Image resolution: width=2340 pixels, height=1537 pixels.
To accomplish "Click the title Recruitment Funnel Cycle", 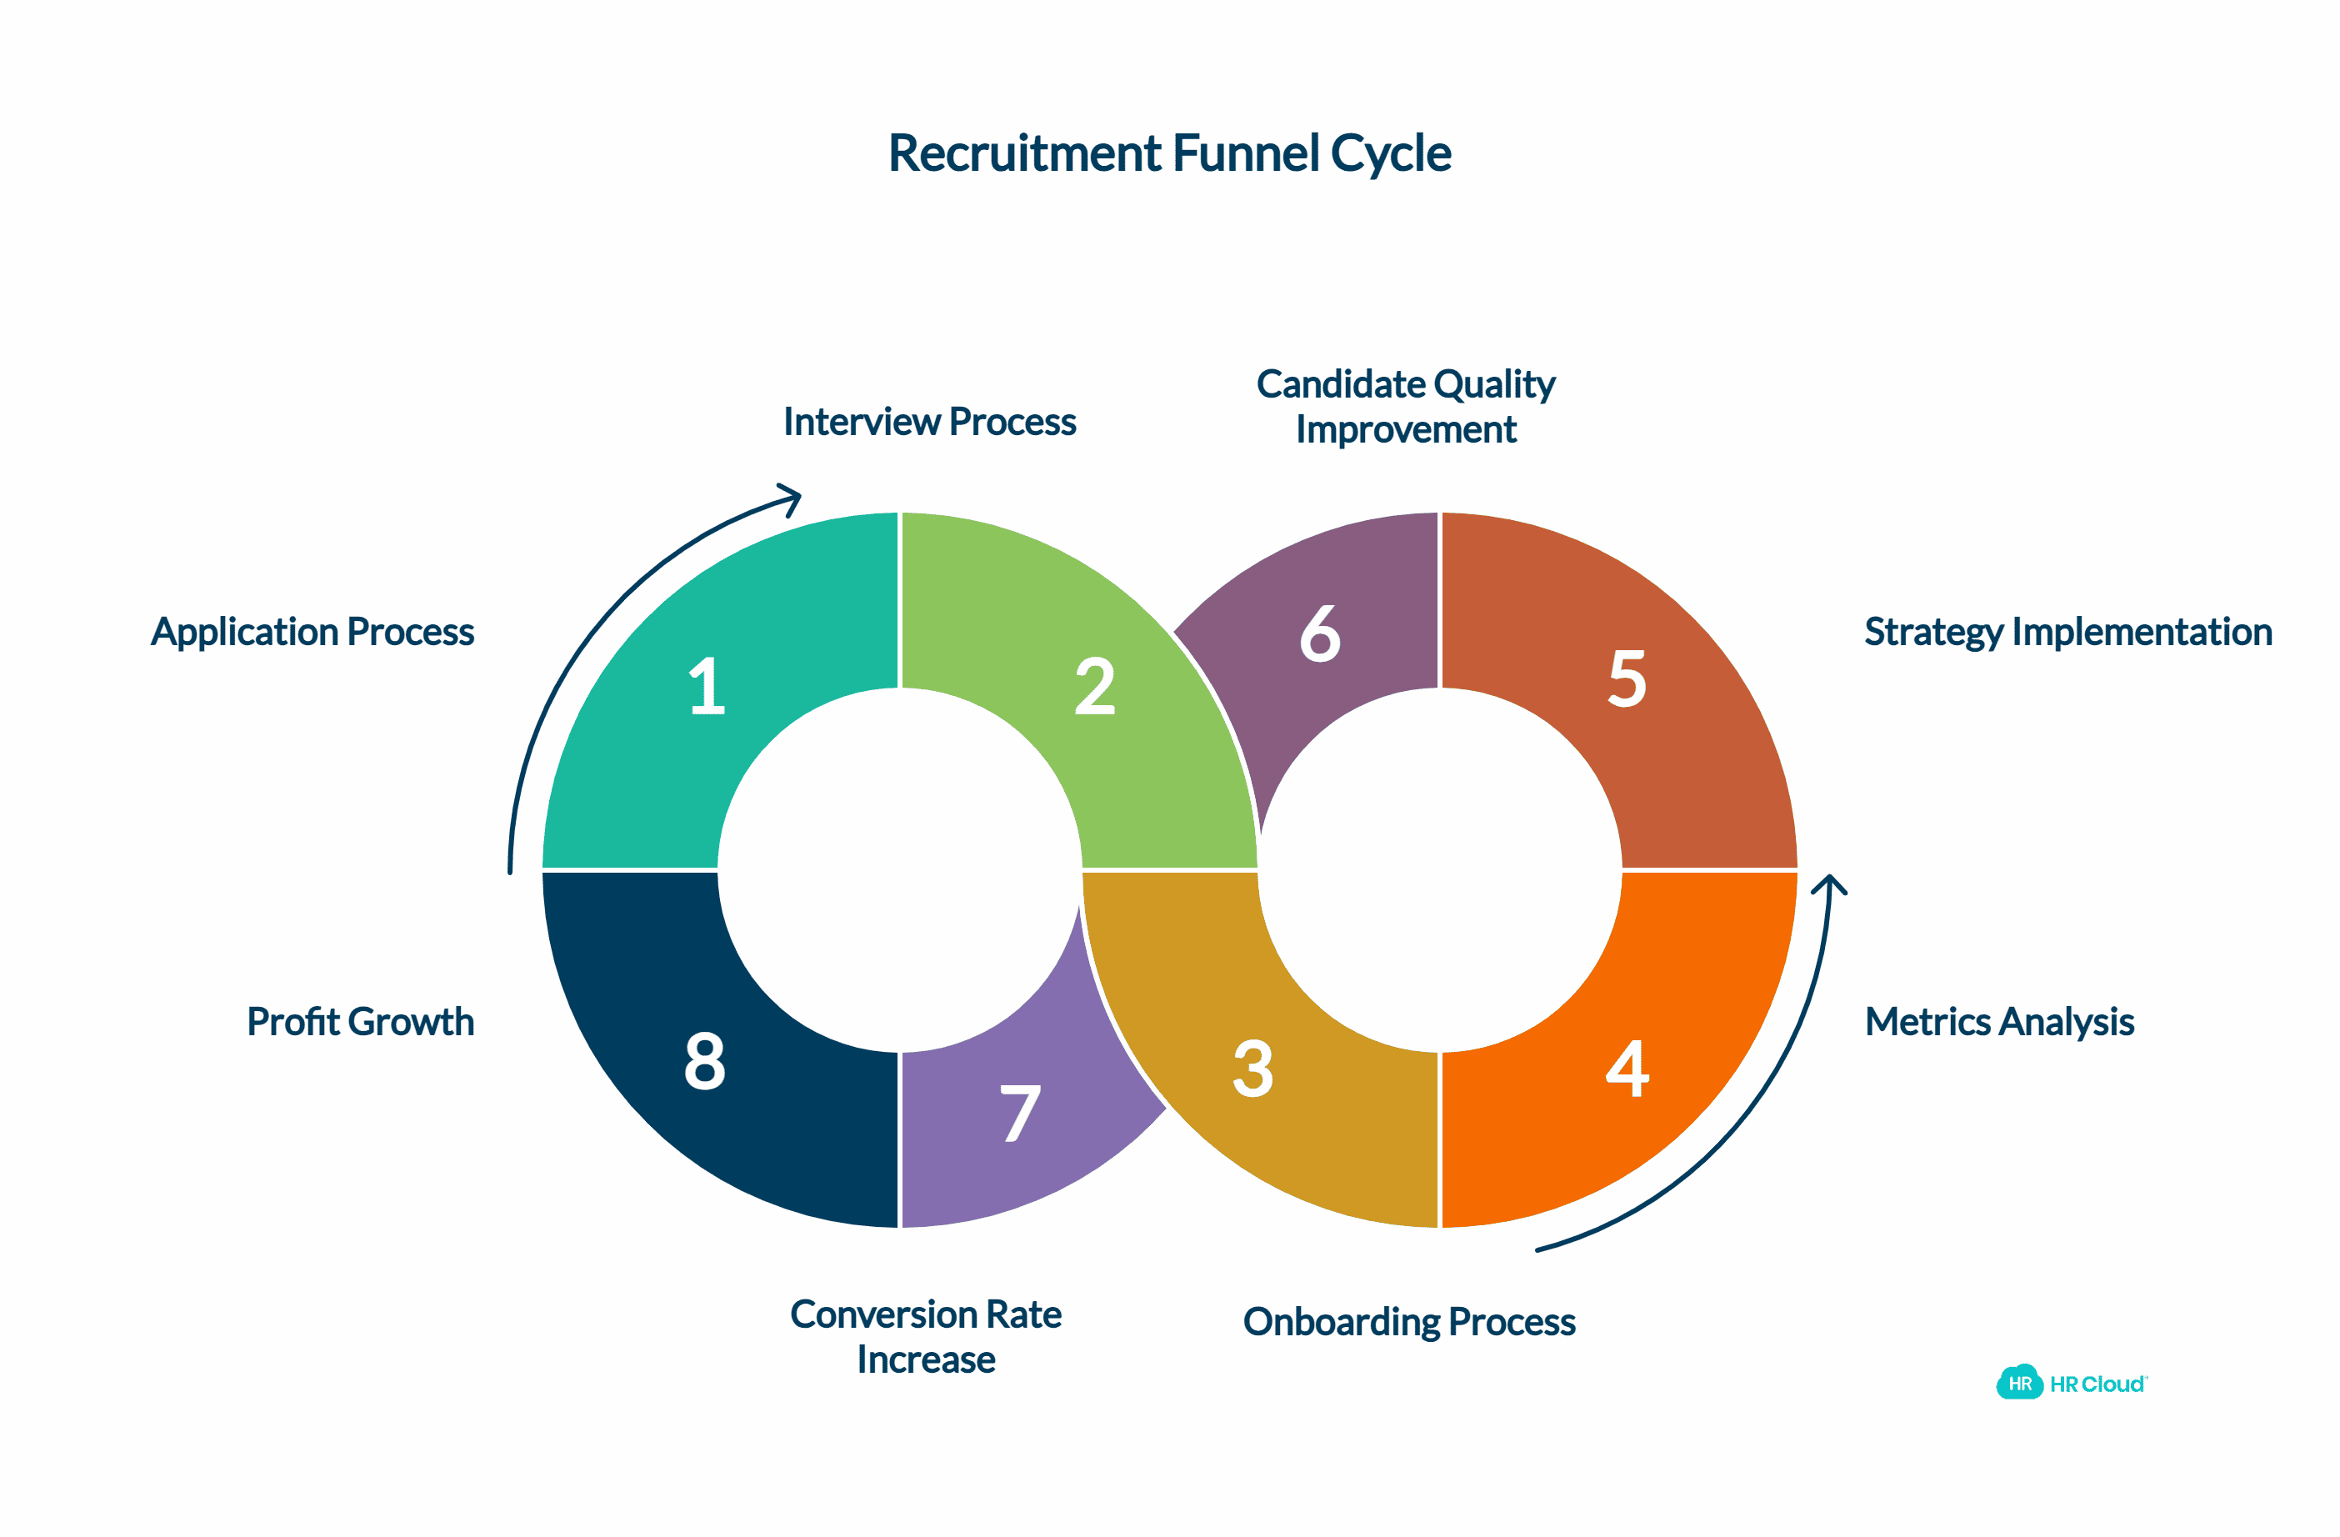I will coord(1169,153).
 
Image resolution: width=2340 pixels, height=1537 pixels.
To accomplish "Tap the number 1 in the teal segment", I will coord(706,685).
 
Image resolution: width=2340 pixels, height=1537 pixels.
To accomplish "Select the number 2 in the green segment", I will coord(1094,685).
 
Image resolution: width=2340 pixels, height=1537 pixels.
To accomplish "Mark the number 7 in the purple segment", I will coord(1021,1114).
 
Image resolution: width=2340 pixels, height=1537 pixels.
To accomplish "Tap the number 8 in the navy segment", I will coord(705,1061).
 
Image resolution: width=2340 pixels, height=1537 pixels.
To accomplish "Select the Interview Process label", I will coord(929,422).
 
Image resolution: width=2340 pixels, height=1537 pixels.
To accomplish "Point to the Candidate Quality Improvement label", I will coord(1406,406).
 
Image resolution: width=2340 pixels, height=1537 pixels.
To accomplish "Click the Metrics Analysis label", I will coord(1999,1022).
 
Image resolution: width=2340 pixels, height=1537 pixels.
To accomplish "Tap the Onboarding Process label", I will coord(1409,1322).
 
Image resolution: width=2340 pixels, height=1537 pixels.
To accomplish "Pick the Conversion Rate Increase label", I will coord(926,1336).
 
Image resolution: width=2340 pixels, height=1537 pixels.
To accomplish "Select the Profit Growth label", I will coord(360,1022).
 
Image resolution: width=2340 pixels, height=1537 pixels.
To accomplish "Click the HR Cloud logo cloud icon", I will coord(2019,1383).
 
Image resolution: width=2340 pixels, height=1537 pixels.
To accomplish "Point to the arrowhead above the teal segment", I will coord(792,498).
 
